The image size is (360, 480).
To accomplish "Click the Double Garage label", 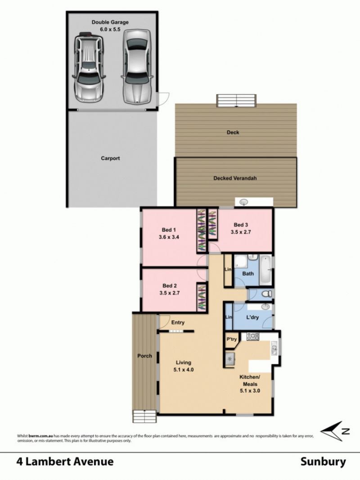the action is click(x=110, y=23).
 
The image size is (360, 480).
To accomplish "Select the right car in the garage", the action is click(x=137, y=67).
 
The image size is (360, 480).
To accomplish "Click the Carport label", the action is click(x=110, y=158).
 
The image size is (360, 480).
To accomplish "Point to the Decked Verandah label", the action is click(x=235, y=178).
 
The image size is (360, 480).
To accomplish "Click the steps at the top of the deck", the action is click(x=236, y=101).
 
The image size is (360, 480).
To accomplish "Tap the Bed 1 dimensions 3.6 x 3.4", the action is click(x=169, y=237).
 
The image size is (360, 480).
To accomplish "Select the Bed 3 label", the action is click(x=241, y=225).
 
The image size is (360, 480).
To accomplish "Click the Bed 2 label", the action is click(x=170, y=285).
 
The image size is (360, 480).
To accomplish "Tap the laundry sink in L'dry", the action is click(x=265, y=307).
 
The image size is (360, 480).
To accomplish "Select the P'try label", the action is click(x=232, y=339).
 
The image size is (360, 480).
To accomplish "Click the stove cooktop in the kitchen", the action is click(x=253, y=337).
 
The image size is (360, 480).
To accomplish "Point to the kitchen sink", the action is click(x=274, y=348).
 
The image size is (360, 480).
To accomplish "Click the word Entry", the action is click(x=178, y=323).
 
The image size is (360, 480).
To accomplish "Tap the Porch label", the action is click(x=144, y=356).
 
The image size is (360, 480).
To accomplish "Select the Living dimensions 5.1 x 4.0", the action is click(x=184, y=370).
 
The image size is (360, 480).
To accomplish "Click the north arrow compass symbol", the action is click(x=335, y=431).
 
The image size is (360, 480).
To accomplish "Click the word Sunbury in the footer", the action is click(x=323, y=462).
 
